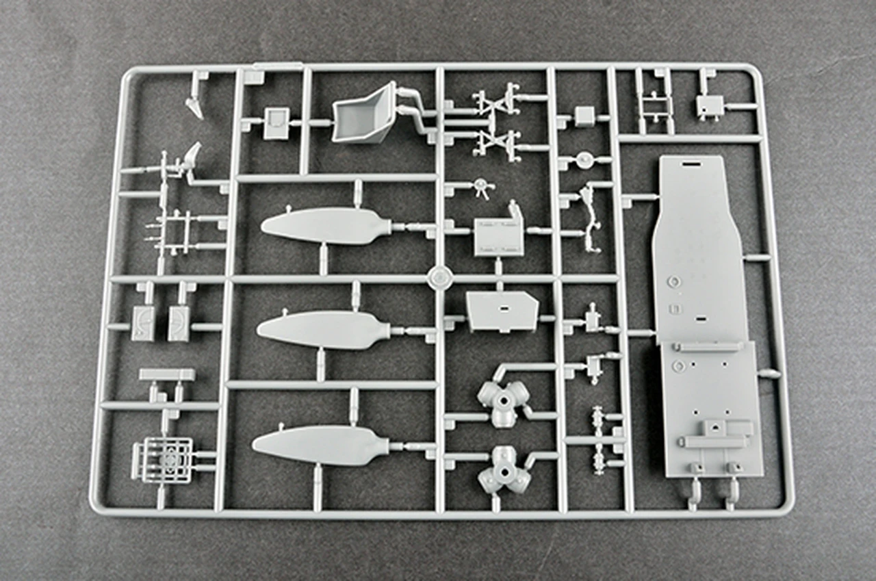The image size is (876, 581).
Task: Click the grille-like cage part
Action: [164, 460]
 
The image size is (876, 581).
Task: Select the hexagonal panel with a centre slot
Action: [502, 311]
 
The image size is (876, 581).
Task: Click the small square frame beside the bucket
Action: [276, 122]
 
